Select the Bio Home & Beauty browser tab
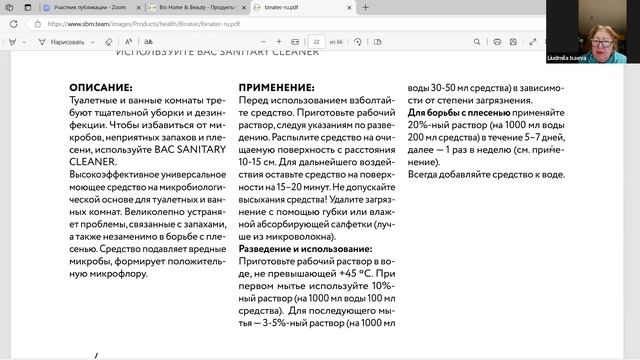point(191,6)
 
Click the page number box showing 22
point(317,43)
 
